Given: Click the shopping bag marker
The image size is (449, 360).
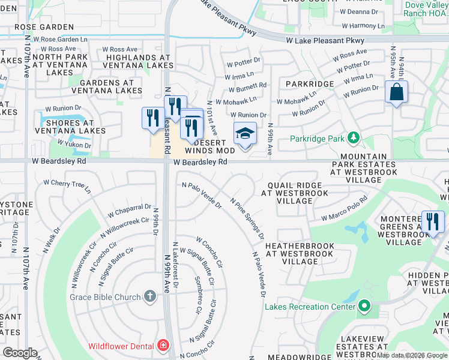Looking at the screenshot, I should pyautogui.click(x=396, y=93).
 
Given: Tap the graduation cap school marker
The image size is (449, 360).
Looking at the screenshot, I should pyautogui.click(x=245, y=134).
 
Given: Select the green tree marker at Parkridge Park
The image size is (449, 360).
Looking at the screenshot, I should pyautogui.click(x=354, y=139).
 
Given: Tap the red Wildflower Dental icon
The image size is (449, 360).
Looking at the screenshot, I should pyautogui.click(x=162, y=346).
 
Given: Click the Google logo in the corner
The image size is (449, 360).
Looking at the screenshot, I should pyautogui.click(x=20, y=352).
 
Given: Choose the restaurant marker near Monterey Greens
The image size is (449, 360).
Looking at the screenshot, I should pyautogui.click(x=432, y=222).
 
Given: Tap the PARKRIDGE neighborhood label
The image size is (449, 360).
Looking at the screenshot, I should pyautogui.click(x=309, y=84).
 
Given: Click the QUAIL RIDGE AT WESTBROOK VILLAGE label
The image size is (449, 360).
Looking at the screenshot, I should pyautogui.click(x=294, y=193).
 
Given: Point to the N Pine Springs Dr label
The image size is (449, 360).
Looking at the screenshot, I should pyautogui.click(x=247, y=219).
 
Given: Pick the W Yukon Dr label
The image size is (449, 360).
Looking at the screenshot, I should pyautogui.click(x=74, y=145).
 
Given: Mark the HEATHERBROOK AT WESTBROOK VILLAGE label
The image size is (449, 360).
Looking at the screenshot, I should pyautogui.click(x=298, y=254).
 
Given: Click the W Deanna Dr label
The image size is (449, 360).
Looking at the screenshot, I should pyautogui.click(x=358, y=11).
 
